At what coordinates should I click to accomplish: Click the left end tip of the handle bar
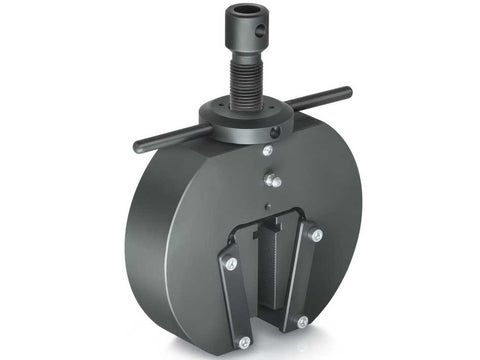pyautogui.click(x=138, y=147)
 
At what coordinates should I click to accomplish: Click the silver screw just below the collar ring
pyautogui.click(x=267, y=151)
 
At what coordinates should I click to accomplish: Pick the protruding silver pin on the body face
pyautogui.click(x=273, y=181)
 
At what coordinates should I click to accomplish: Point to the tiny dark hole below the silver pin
pyautogui.click(x=269, y=205)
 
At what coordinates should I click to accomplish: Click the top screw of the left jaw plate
pyautogui.click(x=231, y=263)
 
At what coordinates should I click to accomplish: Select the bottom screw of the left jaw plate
pyautogui.click(x=244, y=342)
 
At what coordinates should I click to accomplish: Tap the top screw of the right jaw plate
pyautogui.click(x=316, y=236)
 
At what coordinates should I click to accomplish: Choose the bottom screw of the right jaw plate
pyautogui.click(x=302, y=322)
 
